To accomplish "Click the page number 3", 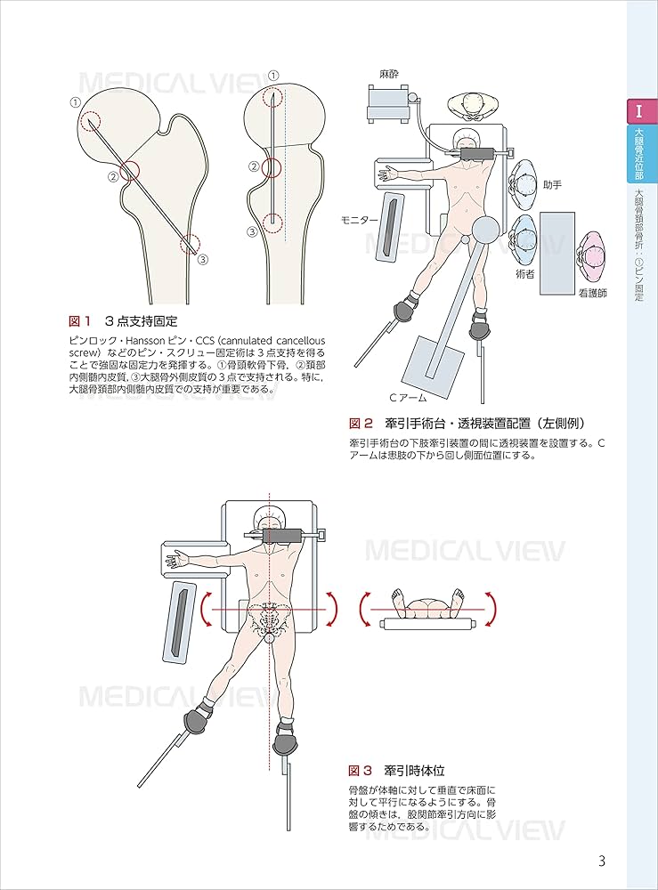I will [x=602, y=861].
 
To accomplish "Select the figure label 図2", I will [x=361, y=423].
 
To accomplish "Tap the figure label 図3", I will [x=361, y=769].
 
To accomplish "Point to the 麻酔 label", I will [x=389, y=76].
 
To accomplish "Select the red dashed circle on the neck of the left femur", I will [x=125, y=169].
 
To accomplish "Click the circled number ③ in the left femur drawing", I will [x=202, y=260].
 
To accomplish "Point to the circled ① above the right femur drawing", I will [x=273, y=76].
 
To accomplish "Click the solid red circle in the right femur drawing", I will [x=272, y=166].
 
